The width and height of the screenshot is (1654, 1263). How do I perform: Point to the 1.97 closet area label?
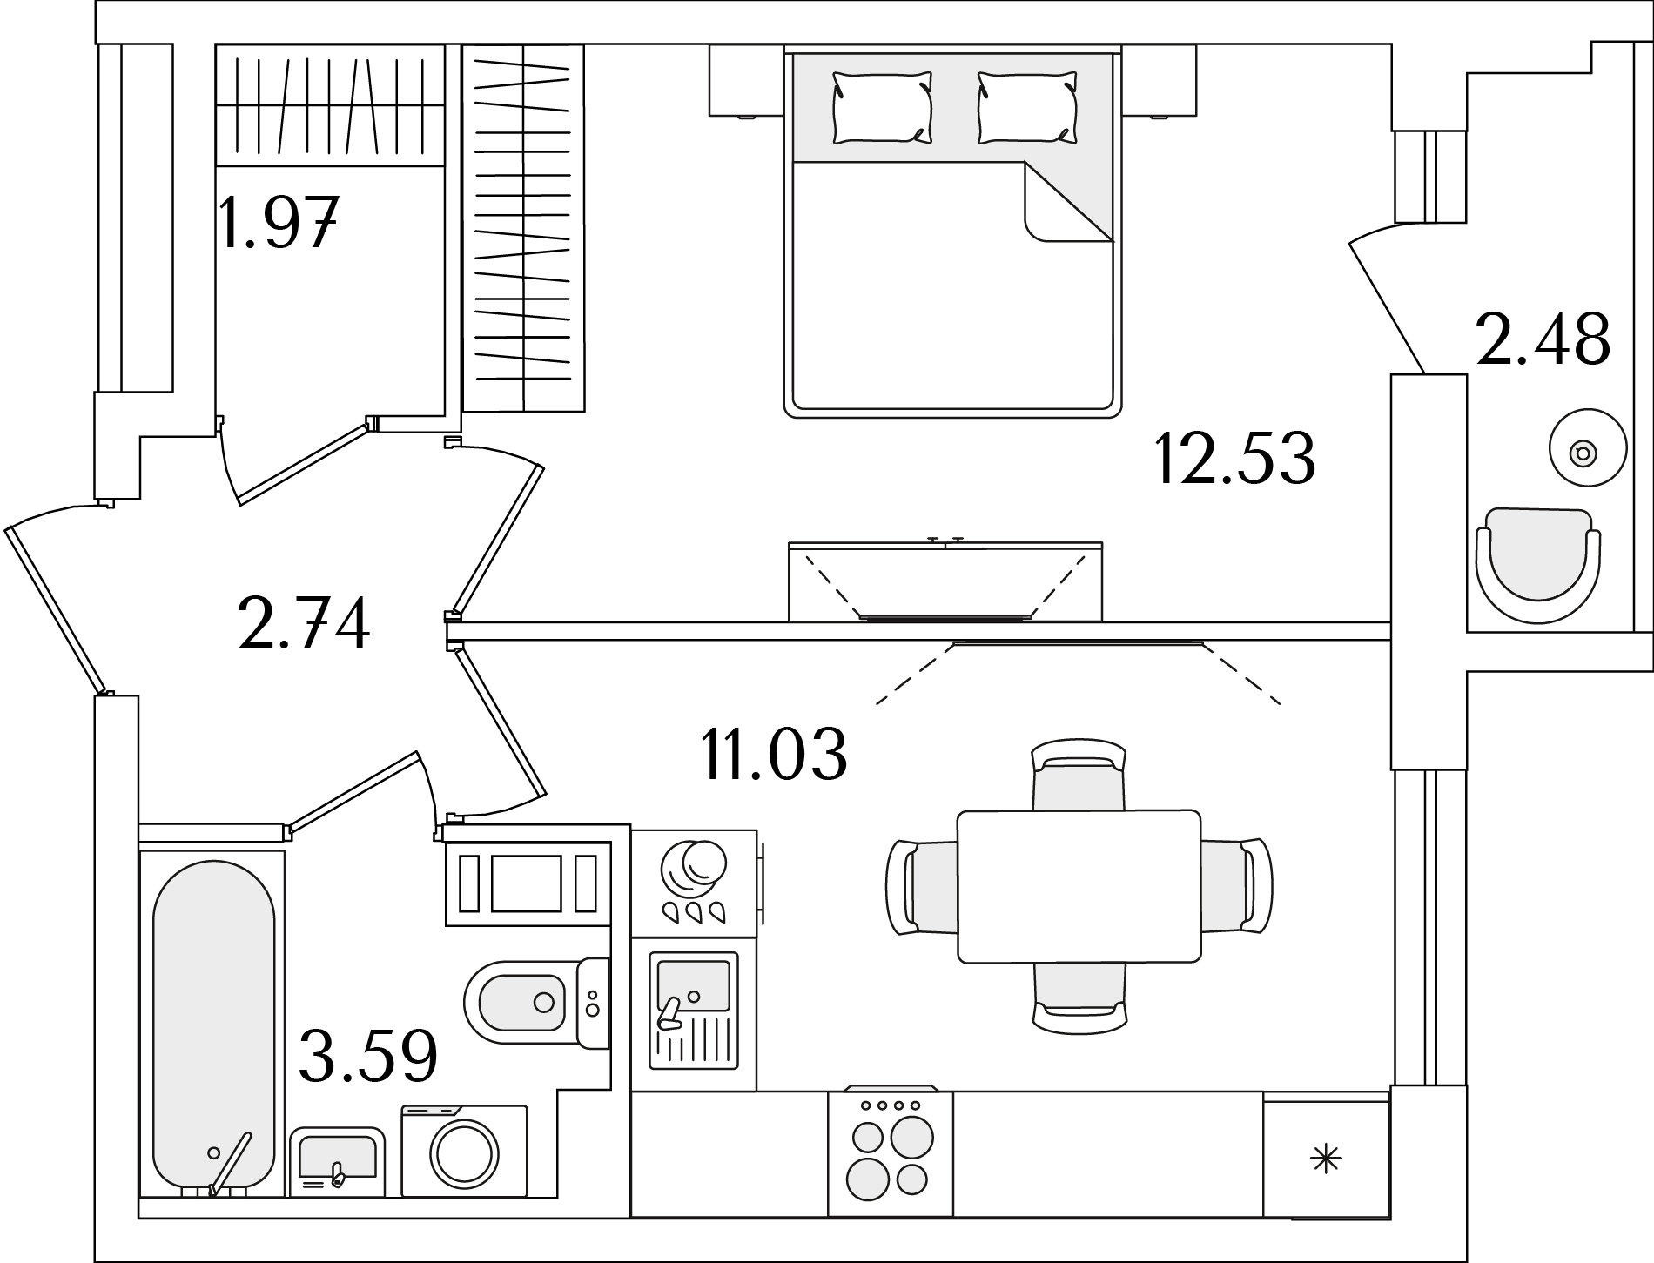[x=278, y=223]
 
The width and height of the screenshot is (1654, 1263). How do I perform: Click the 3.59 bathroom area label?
[x=367, y=1056]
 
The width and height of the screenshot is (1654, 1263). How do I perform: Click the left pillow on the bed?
[x=882, y=108]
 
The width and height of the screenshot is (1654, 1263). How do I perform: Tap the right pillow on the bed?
[x=1027, y=108]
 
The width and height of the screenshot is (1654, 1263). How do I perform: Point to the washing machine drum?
[x=464, y=1154]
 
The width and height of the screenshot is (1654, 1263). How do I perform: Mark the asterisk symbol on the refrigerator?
[x=1326, y=1159]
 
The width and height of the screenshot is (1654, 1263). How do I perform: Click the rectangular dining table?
[x=1079, y=886]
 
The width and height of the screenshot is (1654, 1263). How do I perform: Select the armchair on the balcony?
[x=1537, y=566]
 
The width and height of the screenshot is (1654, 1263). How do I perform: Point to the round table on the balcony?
[x=1588, y=449]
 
